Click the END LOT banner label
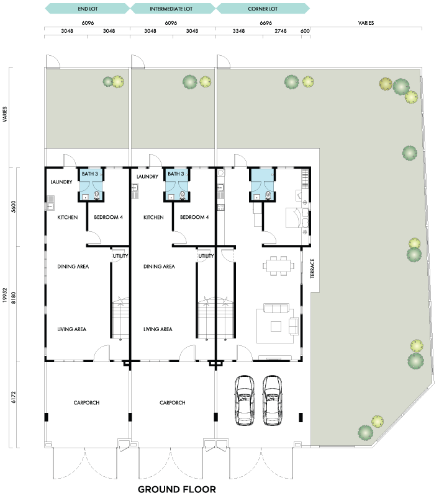coord(88,9)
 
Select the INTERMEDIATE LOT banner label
coord(171,9)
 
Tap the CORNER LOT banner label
coord(263,9)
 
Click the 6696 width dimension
coord(266,23)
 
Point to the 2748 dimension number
coord(281,31)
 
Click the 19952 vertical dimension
coord(5,295)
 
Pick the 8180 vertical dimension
coord(13,298)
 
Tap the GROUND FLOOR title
coord(177,489)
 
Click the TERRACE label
coord(312,268)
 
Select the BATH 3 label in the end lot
coord(89,174)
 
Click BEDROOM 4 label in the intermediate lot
coord(194,217)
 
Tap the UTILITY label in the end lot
coord(120,255)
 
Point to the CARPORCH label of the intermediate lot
coord(172,402)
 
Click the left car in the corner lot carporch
coord(244,401)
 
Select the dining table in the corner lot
coord(278,266)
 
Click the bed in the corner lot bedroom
coord(297,218)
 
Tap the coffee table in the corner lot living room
coord(276,327)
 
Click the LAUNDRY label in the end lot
coord(61,182)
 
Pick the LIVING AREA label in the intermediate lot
coord(158,329)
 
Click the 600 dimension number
coord(305,31)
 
